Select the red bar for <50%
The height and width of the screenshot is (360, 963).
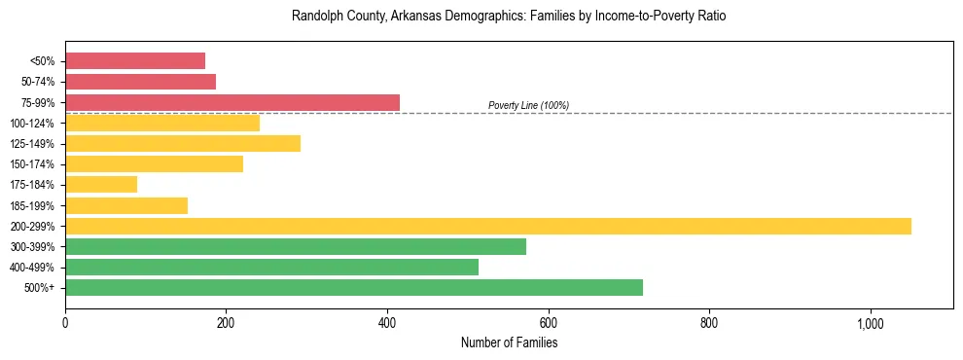(135, 61)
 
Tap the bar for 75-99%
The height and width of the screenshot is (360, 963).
(232, 102)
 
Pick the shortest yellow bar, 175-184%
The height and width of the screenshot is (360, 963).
(101, 185)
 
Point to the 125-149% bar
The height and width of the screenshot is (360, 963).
(183, 143)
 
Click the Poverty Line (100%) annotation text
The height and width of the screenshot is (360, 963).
(528, 105)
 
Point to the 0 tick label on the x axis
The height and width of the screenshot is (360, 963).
(65, 324)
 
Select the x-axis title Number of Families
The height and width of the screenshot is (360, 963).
(509, 342)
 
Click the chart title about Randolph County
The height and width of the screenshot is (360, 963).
(509, 17)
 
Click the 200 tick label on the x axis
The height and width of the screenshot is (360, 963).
(226, 324)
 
